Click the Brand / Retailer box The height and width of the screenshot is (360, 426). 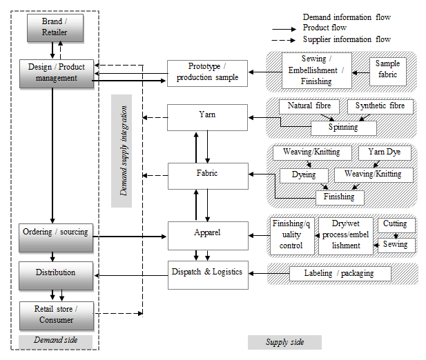tap(55, 28)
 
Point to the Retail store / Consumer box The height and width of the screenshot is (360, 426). tap(55, 314)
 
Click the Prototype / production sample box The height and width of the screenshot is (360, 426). tap(207, 73)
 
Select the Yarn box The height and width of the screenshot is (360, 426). tap(207, 117)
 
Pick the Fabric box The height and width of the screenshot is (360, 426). tap(207, 175)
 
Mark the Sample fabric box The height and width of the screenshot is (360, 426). tap(387, 69)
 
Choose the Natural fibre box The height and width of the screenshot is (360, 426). tap(309, 107)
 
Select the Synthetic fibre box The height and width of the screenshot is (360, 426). tap(380, 107)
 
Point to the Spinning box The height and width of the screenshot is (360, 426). tap(343, 128)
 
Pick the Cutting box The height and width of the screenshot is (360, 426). tap(396, 224)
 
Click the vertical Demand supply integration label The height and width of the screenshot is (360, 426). tap(124, 150)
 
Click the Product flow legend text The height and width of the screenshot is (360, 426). tap(324, 28)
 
